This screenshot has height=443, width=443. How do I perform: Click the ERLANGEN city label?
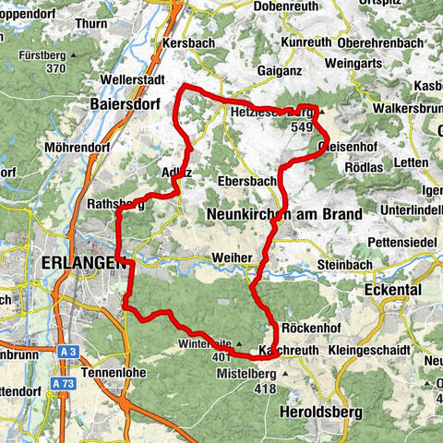click(x=82, y=263)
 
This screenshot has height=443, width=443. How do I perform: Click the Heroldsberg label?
click(x=317, y=411)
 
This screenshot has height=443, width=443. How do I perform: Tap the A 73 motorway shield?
click(x=63, y=383)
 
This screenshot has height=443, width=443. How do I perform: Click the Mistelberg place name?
click(x=245, y=376)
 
